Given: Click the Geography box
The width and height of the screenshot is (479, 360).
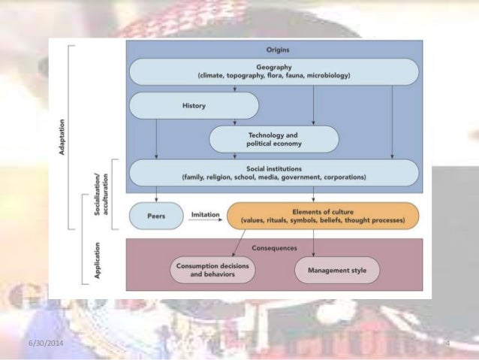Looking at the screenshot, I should pyautogui.click(x=273, y=71).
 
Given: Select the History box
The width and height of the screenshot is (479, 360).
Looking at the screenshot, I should pyautogui.click(x=194, y=105).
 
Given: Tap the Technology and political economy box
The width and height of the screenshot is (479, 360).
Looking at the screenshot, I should pyautogui.click(x=273, y=138).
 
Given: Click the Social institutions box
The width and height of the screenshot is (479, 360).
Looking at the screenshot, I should pyautogui.click(x=273, y=173).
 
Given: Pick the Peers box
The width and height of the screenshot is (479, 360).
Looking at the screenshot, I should pyautogui.click(x=155, y=215).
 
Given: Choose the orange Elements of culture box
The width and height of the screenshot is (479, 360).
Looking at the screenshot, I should pyautogui.click(x=322, y=216).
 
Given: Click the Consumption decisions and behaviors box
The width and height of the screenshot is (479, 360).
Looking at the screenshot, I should pyautogui.click(x=214, y=270).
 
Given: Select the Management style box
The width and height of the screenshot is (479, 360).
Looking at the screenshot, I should pyautogui.click(x=336, y=270).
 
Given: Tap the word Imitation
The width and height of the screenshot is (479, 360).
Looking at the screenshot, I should pyautogui.click(x=205, y=215).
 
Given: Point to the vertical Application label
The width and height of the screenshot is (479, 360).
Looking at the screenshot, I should pyautogui.click(x=97, y=261).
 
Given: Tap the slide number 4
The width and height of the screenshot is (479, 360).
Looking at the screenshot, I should pyautogui.click(x=447, y=343).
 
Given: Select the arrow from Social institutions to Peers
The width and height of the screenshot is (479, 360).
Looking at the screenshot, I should pyautogui.click(x=156, y=194).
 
